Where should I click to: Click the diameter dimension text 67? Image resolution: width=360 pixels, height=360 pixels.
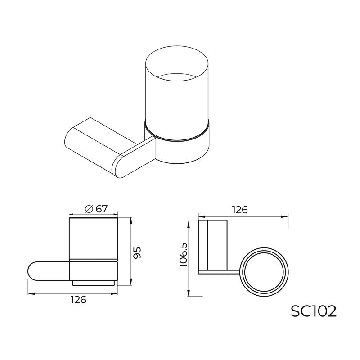102,209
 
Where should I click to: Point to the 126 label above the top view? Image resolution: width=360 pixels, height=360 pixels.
239,210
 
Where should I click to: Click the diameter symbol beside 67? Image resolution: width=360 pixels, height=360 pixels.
89,209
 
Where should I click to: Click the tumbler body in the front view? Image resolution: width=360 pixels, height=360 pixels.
93,238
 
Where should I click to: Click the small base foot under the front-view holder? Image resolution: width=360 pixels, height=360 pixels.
94,283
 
